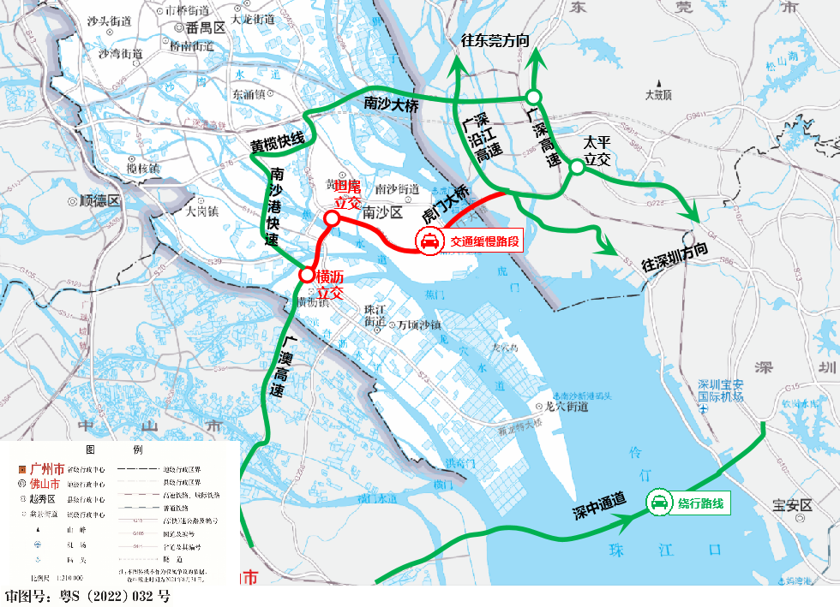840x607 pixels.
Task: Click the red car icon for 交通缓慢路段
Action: coord(429,242)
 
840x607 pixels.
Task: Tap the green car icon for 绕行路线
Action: coord(659,503)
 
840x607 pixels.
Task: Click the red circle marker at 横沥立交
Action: coord(306,276)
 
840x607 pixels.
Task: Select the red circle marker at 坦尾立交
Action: coord(331,217)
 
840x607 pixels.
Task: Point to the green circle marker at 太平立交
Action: coord(577,168)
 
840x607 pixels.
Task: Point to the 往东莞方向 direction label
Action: coord(495,40)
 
